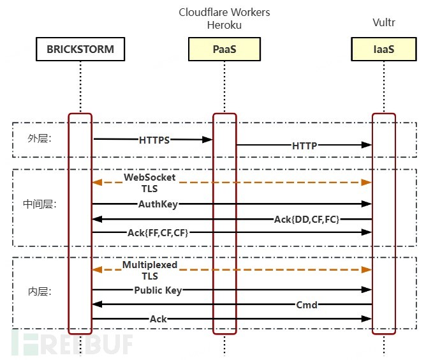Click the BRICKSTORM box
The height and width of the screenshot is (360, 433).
coord(80,49)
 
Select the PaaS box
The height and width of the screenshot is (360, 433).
coord(224,49)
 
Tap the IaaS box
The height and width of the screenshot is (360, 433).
coord(383,49)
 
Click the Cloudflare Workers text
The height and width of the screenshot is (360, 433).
coord(224,12)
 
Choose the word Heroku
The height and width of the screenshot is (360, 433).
coord(224,25)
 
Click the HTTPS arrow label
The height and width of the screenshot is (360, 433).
coord(154,140)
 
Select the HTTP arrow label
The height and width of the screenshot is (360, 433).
coord(305,146)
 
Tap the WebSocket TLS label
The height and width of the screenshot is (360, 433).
coord(149,183)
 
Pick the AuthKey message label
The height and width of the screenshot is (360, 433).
coord(158,204)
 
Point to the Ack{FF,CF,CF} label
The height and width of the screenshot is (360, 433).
coord(157,233)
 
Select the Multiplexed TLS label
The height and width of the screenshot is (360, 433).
coord(149,270)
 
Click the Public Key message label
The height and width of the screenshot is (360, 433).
coord(158,290)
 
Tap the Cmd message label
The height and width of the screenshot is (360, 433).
coord(307,304)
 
